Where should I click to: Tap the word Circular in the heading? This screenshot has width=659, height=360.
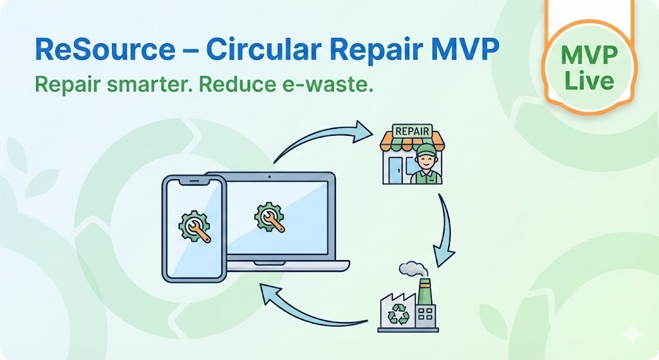(257, 50)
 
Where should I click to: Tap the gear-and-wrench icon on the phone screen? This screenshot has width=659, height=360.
(194, 227)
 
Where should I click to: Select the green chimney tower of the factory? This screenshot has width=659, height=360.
(424, 293)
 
